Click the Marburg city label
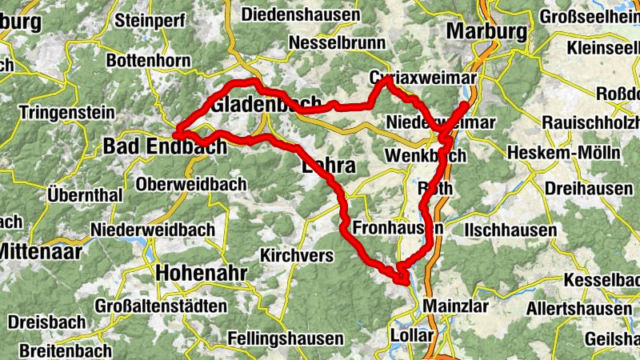pyautogui.click(x=487, y=32)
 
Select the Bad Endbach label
pyautogui.click(x=154, y=146)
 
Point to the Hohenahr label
pyautogui.click(x=202, y=273)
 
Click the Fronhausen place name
pyautogui.click(x=397, y=228)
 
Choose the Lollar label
pyautogui.click(x=411, y=334)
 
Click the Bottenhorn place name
pyautogui.click(x=148, y=60)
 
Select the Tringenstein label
pyautogui.click(x=66, y=113)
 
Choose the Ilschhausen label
pyautogui.click(x=510, y=230)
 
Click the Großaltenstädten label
pyautogui.click(x=160, y=305)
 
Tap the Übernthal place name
pyautogui.click(x=85, y=194)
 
